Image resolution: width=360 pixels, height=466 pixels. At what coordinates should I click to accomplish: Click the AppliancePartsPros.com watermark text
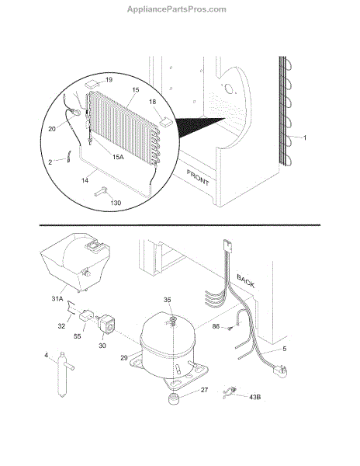pyautogui.click(x=177, y=9)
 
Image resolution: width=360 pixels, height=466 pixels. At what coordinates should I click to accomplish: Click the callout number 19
pyautogui.click(x=109, y=79)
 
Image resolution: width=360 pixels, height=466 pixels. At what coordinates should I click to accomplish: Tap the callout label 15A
pyautogui.click(x=118, y=157)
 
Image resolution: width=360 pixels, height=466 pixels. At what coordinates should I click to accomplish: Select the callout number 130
pyautogui.click(x=116, y=203)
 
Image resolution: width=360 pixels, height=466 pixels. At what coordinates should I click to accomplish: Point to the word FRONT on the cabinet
pyautogui.click(x=198, y=177)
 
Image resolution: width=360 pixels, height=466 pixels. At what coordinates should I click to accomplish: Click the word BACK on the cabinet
pyautogui.click(x=246, y=281)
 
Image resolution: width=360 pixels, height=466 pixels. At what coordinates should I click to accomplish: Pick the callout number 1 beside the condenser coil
pyautogui.click(x=304, y=137)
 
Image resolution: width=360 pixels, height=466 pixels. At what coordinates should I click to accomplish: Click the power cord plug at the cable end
pyautogui.click(x=280, y=370)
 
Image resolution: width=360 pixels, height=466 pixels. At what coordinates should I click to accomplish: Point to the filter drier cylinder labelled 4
pyautogui.click(x=64, y=374)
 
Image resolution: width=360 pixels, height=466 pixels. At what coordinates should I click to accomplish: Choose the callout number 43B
pyautogui.click(x=254, y=397)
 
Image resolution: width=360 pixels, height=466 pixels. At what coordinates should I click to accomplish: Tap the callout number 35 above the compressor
pyautogui.click(x=168, y=300)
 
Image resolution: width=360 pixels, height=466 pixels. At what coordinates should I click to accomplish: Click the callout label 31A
pyautogui.click(x=57, y=298)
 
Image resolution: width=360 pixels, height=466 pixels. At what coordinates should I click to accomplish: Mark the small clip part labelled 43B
pyautogui.click(x=230, y=392)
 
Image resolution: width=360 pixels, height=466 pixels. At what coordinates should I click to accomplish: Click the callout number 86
pyautogui.click(x=216, y=326)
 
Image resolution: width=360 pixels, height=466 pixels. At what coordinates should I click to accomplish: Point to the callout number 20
pyautogui.click(x=52, y=129)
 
